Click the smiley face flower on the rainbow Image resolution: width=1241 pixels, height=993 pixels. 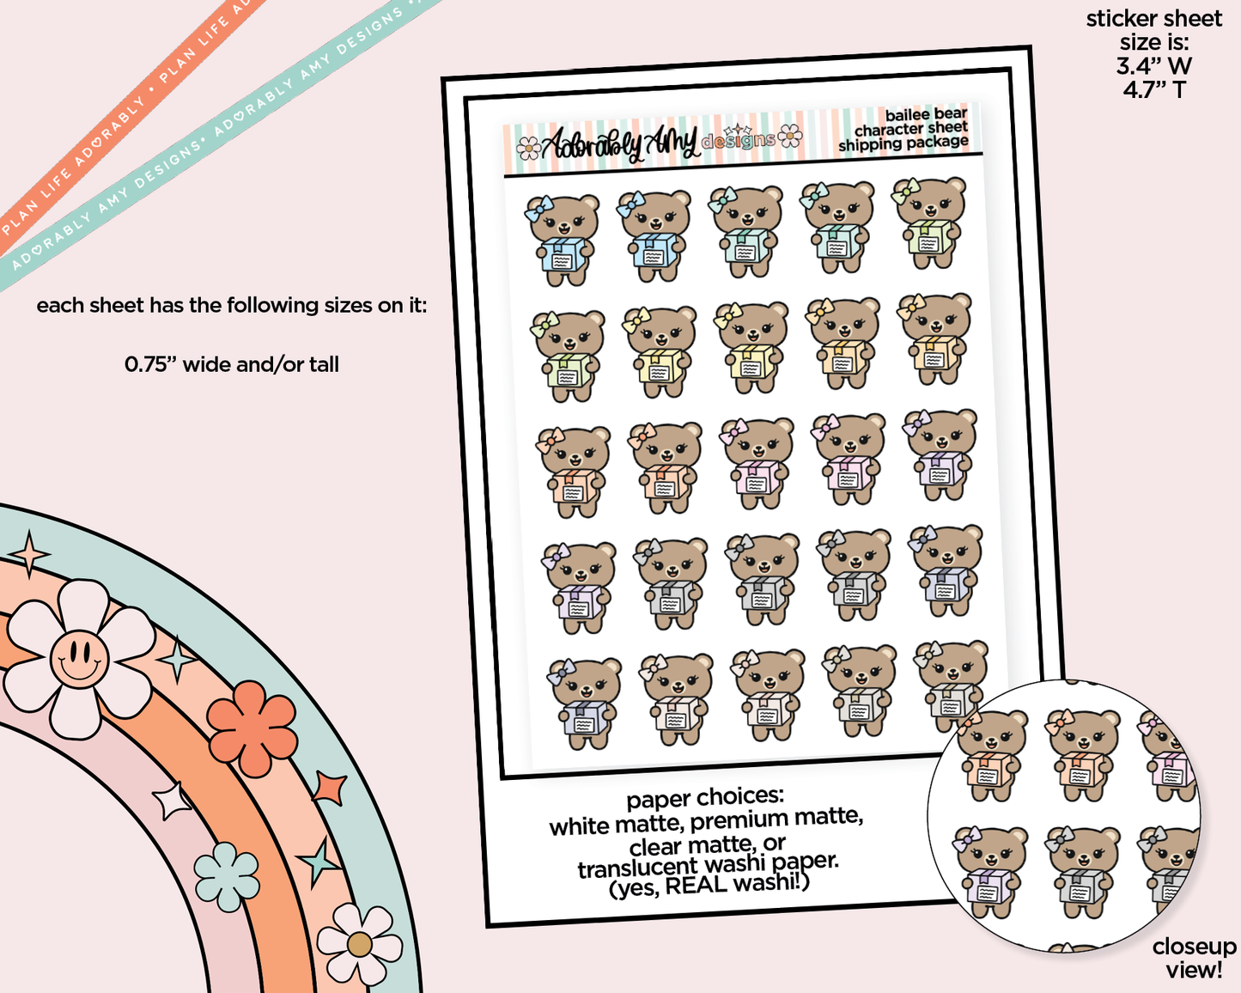click(79, 659)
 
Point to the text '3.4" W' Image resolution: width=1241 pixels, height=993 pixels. click(1153, 66)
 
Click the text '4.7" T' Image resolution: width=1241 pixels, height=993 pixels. click(1153, 89)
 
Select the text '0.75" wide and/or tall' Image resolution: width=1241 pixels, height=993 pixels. click(232, 364)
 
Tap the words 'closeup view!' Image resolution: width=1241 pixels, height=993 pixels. click(1193, 958)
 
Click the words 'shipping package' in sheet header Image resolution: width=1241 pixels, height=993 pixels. click(903, 143)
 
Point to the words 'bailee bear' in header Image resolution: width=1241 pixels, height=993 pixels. click(925, 114)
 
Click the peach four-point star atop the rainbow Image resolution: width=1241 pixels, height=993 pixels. click(30, 554)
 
